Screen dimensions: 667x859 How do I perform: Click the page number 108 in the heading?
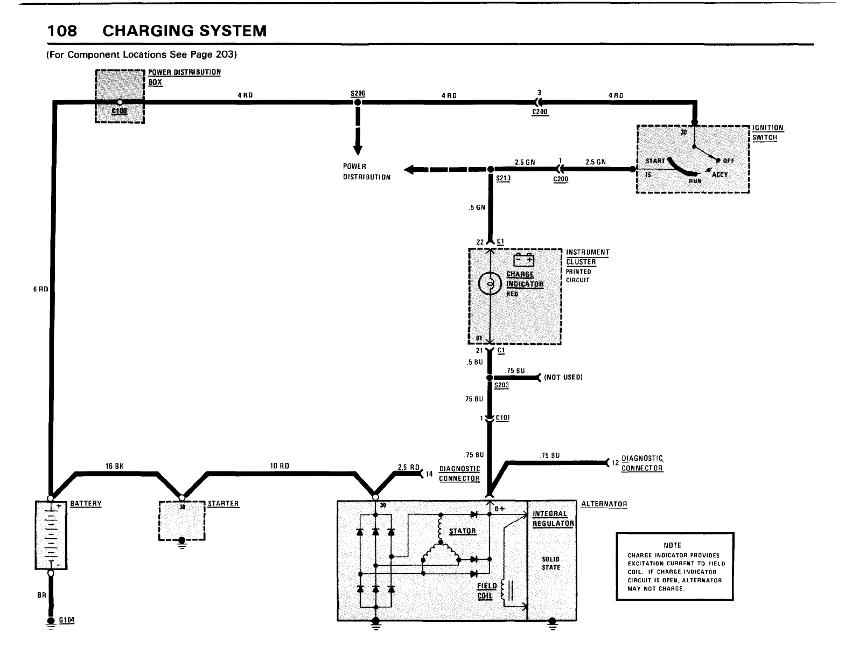tap(62, 31)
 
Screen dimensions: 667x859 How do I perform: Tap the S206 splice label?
tap(358, 93)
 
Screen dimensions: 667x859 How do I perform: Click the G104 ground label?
tap(67, 620)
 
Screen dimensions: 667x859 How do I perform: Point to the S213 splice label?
tap(503, 179)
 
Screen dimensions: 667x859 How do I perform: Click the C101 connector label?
tap(502, 418)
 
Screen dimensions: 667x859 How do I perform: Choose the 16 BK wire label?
tap(115, 466)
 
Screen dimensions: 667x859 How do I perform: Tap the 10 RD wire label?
tap(281, 466)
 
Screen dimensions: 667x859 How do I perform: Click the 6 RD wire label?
tap(41, 289)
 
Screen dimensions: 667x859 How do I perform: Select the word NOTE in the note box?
tap(673, 545)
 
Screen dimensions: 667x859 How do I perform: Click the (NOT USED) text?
tap(563, 377)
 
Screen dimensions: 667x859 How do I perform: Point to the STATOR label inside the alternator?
tap(463, 531)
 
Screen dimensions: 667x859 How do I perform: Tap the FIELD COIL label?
tap(487, 591)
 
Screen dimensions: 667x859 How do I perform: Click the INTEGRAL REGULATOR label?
tap(553, 519)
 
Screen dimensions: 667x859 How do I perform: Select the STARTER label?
tap(223, 504)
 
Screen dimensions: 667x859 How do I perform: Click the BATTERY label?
tap(86, 504)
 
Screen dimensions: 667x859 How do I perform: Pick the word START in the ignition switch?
tap(655, 161)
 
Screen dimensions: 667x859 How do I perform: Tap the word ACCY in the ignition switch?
tap(720, 175)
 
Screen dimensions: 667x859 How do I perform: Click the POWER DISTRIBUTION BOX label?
tap(184, 77)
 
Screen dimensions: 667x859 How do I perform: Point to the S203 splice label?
tap(501, 386)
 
